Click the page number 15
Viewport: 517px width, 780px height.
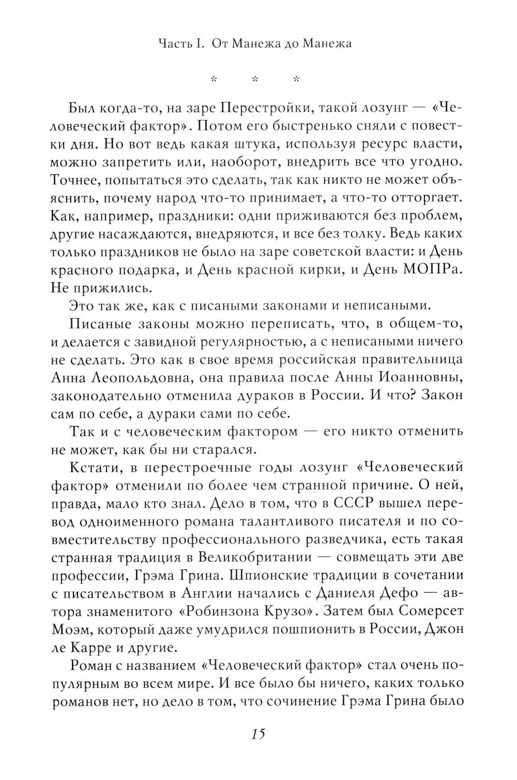pos(257,734)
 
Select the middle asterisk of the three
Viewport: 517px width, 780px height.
pos(254,79)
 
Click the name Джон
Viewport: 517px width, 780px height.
pos(447,628)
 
